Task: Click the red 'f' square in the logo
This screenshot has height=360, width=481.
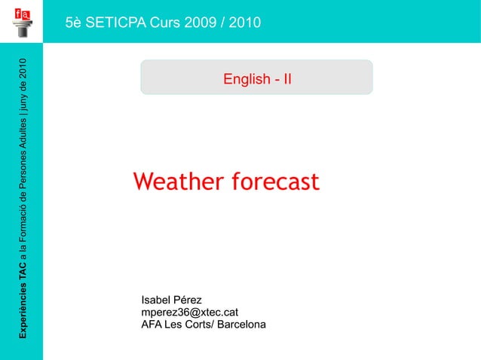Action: [x=17, y=13]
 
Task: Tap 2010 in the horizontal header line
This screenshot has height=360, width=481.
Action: [x=244, y=23]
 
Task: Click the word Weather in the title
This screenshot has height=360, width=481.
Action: [x=178, y=182]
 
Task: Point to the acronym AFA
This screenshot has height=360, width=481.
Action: [x=152, y=325]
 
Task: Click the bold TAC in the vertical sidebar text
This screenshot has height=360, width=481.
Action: [x=23, y=264]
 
